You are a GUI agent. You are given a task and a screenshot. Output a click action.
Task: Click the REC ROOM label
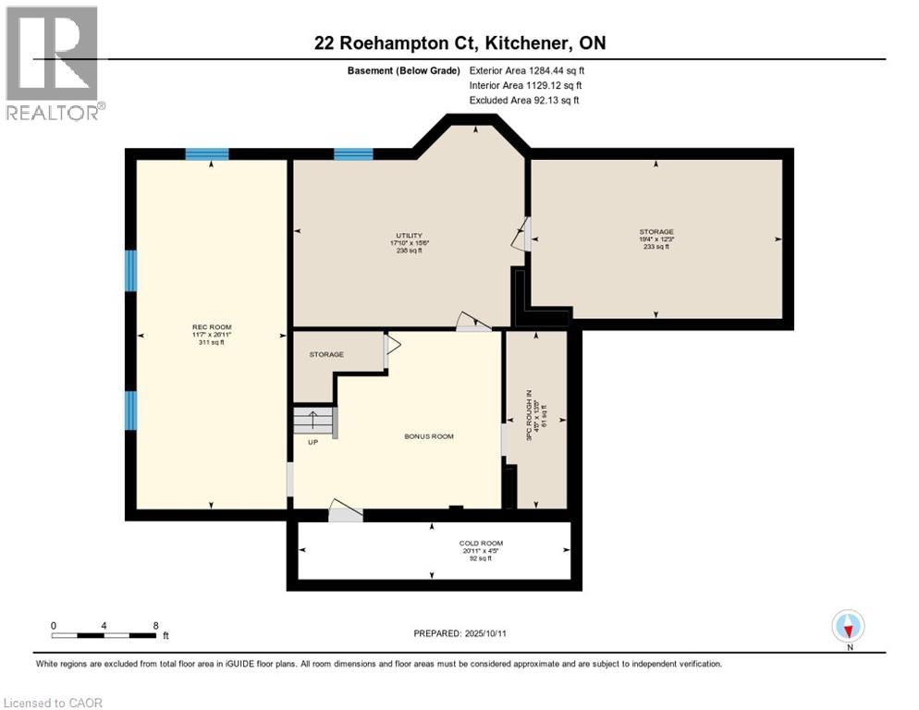[x=212, y=327]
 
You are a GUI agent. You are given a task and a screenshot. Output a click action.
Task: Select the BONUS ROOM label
[x=429, y=436]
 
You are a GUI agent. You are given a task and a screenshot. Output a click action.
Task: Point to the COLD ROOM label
[x=481, y=544]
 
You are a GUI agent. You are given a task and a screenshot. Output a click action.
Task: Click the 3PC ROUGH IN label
[x=531, y=420]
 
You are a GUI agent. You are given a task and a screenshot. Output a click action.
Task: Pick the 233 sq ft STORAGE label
[x=656, y=232]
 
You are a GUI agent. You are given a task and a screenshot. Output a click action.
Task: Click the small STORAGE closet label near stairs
[x=326, y=354]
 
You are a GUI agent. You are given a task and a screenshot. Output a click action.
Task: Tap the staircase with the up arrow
[x=314, y=422]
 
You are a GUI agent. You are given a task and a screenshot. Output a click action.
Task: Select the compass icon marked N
[x=848, y=627]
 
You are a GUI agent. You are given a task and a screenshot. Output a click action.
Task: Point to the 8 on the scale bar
[x=154, y=625]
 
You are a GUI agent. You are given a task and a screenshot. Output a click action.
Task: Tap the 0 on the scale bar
[x=54, y=625]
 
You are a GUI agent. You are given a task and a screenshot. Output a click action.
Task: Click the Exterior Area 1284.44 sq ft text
[x=527, y=69]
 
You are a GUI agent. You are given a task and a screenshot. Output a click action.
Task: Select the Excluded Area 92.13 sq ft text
[x=524, y=100]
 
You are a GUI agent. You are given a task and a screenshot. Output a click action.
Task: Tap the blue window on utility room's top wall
[x=353, y=153]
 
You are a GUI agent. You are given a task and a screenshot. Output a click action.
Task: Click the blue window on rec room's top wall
[x=206, y=153]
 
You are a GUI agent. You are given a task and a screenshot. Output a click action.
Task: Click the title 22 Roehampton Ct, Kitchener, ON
[x=459, y=43]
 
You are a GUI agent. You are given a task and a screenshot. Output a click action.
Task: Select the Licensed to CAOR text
[x=54, y=703]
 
